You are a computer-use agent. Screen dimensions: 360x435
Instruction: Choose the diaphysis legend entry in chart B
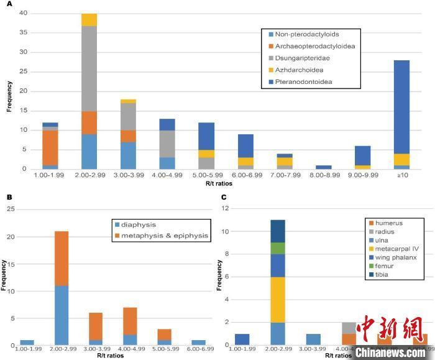pos(137,224)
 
